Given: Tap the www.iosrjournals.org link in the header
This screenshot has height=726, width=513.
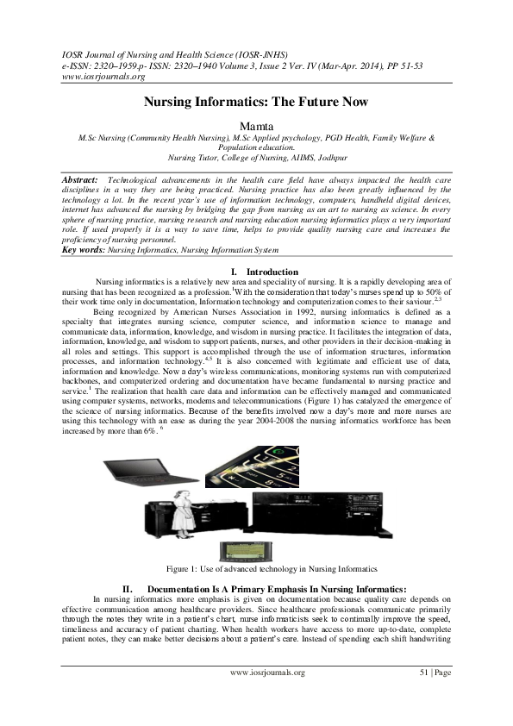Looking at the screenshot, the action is tap(103, 74).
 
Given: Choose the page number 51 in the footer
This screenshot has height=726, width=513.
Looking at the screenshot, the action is tap(423, 673).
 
